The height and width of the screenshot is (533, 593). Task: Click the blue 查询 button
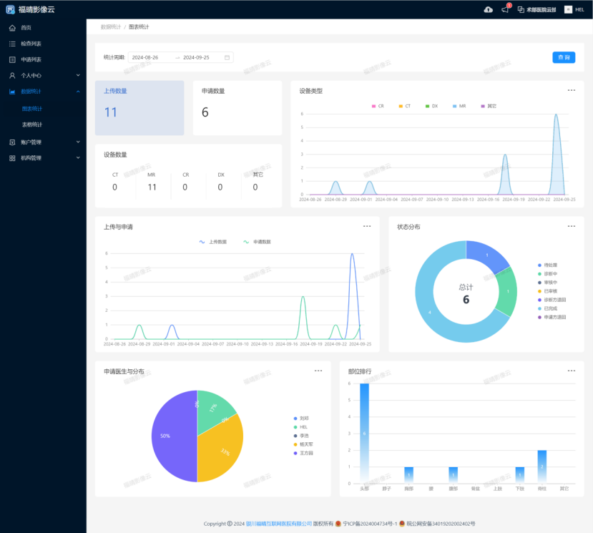tap(564, 57)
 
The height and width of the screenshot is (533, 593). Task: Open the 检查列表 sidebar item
tap(31, 44)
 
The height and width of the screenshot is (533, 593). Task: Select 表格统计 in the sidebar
tap(32, 124)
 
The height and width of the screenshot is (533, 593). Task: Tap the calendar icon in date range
tap(227, 57)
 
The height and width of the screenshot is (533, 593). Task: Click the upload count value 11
tap(111, 112)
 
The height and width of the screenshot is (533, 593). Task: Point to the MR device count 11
tap(152, 187)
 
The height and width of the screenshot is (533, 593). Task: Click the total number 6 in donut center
tap(466, 300)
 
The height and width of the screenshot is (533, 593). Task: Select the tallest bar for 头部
tap(364, 433)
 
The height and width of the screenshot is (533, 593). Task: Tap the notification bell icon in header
tap(506, 9)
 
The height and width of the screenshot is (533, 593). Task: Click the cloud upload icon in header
tap(489, 9)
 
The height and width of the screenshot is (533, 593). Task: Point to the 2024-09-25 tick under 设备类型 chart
tap(563, 200)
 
